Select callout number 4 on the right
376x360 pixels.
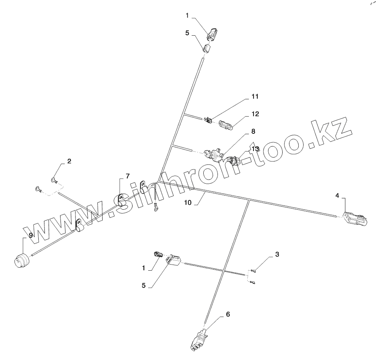pos(337,196)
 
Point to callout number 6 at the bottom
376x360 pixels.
pos(228,314)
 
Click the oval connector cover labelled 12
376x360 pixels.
pos(226,125)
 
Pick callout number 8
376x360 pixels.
pos(253,132)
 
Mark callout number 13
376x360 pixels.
pos(255,148)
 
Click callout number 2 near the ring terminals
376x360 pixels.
pos(69,161)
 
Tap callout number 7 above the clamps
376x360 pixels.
pos(127,176)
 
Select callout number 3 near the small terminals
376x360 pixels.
pos(277,254)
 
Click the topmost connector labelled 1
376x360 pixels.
pos(212,35)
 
